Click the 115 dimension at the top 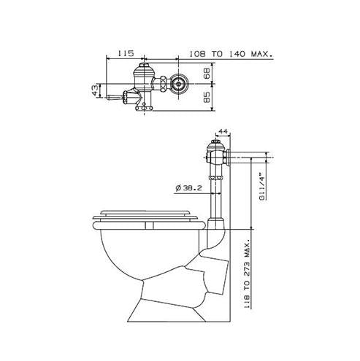click(126, 54)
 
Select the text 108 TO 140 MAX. click(231, 54)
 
